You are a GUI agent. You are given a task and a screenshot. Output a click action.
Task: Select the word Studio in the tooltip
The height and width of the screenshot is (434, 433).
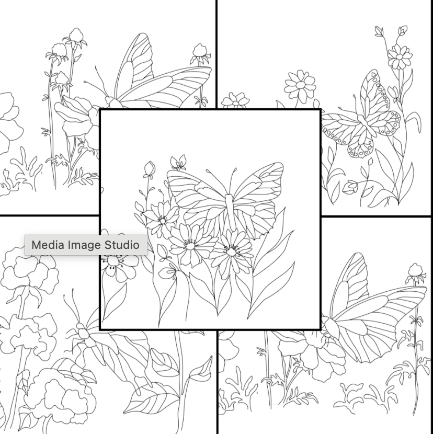pyautogui.click(x=122, y=245)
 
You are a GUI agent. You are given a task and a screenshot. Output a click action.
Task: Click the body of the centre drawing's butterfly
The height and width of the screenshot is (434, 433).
pyautogui.click(x=230, y=211)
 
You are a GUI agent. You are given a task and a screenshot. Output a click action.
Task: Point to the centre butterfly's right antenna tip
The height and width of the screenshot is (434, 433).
pyautogui.click(x=236, y=168)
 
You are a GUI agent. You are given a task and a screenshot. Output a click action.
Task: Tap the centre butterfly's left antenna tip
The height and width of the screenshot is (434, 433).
pyautogui.click(x=207, y=170)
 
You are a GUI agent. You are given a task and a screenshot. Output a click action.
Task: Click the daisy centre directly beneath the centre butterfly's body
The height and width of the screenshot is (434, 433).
pyautogui.click(x=231, y=252)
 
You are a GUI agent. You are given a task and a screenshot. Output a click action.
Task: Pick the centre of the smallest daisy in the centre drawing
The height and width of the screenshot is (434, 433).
pyautogui.click(x=162, y=221)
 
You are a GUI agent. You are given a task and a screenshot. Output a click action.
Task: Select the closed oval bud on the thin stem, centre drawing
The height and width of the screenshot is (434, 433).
pyautogui.click(x=149, y=168)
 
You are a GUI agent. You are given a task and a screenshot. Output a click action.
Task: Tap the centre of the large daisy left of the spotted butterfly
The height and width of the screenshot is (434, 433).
pyautogui.click(x=300, y=84)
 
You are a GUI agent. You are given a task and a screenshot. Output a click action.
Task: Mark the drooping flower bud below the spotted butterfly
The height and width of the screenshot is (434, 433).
pyautogui.click(x=349, y=187)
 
